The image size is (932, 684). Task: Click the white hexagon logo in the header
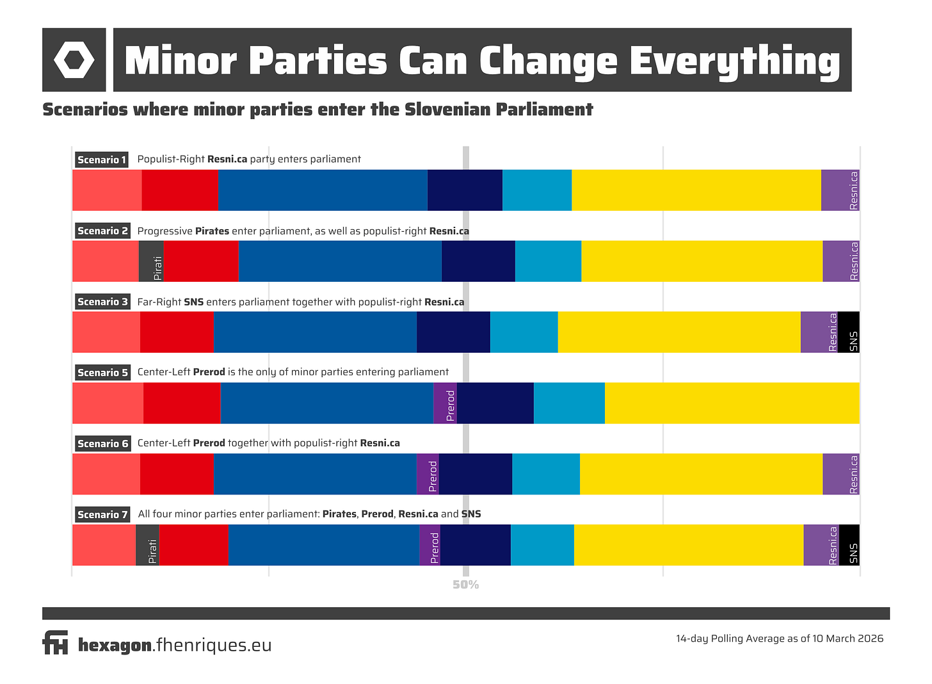(74, 60)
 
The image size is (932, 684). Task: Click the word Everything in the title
(734, 61)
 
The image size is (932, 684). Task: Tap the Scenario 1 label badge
(101, 159)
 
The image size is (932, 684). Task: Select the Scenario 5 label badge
(102, 372)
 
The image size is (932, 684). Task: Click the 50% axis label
(465, 585)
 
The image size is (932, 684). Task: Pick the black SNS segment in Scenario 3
(848, 332)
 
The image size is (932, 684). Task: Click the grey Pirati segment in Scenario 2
(151, 261)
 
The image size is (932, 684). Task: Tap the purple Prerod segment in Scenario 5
(445, 403)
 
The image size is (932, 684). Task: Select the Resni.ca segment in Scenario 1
(840, 190)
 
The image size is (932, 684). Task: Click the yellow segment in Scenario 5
(732, 403)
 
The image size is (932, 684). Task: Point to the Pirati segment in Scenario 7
(147, 545)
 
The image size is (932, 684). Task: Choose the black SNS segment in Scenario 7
(849, 545)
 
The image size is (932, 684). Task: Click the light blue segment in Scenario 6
(545, 474)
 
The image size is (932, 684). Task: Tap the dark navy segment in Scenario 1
(465, 190)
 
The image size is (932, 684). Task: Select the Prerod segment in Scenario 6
(428, 474)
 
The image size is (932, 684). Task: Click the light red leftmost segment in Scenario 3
(106, 332)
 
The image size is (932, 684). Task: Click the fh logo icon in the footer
(55, 642)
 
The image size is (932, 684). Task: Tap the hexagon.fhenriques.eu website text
(175, 644)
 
